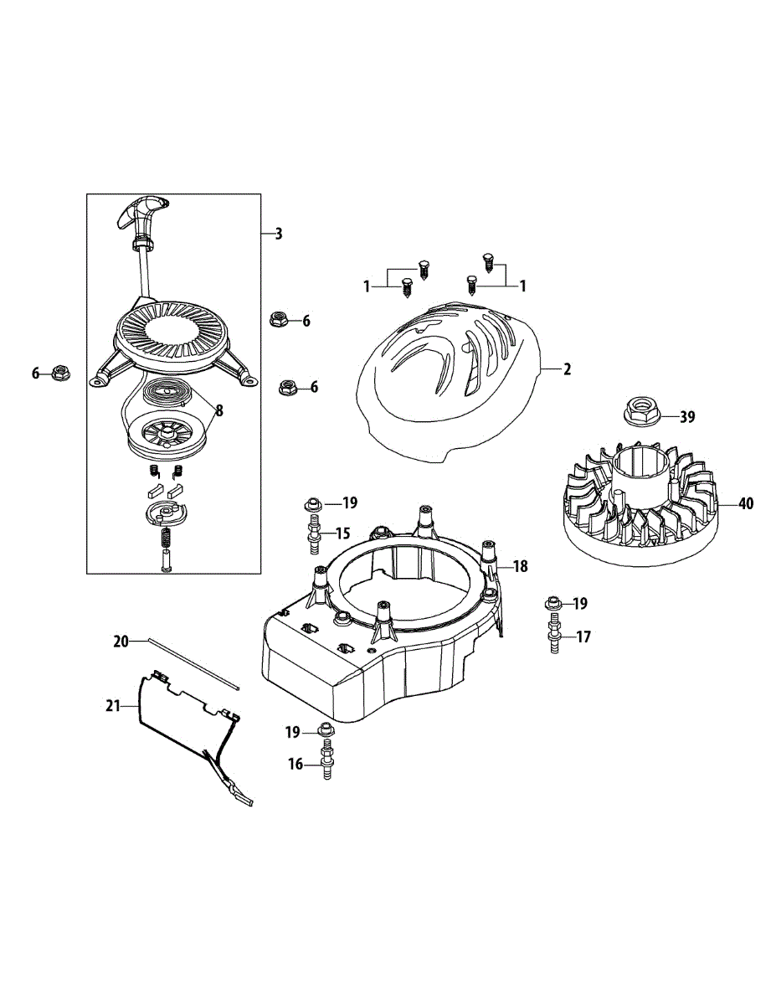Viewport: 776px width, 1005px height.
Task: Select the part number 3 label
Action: point(279,234)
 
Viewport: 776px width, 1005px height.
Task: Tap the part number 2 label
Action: point(567,368)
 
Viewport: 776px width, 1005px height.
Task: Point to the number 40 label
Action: point(746,504)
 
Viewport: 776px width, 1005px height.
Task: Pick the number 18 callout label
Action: point(521,567)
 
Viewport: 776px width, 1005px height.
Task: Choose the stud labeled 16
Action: point(326,762)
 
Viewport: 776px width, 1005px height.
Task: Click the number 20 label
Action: point(122,642)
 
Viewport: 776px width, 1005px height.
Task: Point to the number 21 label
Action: point(113,706)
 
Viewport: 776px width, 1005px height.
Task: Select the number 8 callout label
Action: point(218,410)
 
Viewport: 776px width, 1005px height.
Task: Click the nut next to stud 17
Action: point(552,603)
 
